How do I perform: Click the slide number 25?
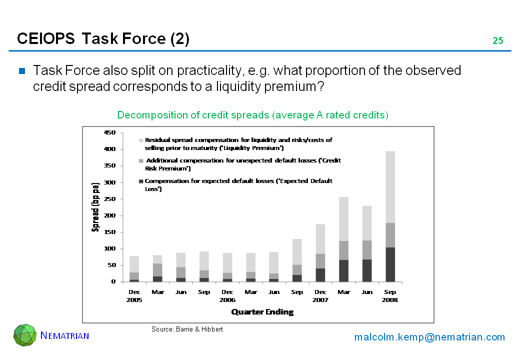[x=498, y=41]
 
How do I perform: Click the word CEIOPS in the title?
[x=46, y=39]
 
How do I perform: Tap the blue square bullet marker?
[x=22, y=70]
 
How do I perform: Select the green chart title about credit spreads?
[x=252, y=115]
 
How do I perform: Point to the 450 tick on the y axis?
[x=110, y=132]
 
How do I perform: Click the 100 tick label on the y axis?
[x=110, y=248]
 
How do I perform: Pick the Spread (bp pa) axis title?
[x=95, y=207]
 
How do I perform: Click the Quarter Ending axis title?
[x=262, y=312]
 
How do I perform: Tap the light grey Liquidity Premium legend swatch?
[x=141, y=140]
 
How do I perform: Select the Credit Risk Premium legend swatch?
[x=141, y=161]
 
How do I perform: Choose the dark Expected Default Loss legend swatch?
[x=141, y=181]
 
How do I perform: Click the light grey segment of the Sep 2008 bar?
[x=390, y=187]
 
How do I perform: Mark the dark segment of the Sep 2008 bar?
[x=390, y=264]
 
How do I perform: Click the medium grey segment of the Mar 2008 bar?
[x=344, y=250]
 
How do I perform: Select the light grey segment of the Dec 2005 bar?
[x=134, y=264]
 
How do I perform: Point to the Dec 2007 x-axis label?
[x=320, y=296]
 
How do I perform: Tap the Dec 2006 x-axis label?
[x=227, y=296]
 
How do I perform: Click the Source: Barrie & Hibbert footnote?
[x=187, y=329]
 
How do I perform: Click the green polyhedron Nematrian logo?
[x=25, y=335]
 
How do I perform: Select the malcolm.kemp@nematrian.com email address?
[x=429, y=337]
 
